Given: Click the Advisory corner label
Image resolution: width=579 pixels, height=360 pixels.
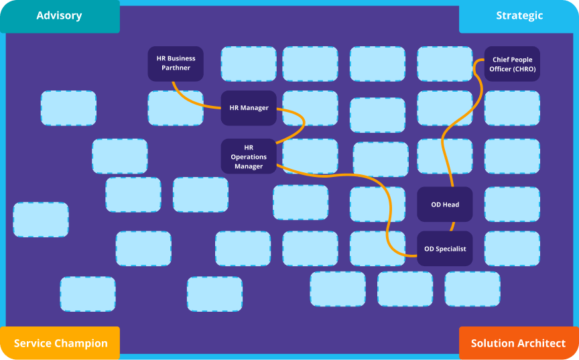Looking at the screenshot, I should [59, 15].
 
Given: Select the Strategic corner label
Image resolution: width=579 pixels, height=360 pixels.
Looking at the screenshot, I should [519, 15].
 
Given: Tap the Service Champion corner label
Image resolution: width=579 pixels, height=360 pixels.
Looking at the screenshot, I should [60, 343].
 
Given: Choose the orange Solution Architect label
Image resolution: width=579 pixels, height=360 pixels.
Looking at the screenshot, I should [518, 343].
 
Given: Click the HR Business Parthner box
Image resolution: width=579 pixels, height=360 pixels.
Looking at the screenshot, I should [176, 64].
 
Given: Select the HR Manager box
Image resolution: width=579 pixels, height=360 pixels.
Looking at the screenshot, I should [249, 108].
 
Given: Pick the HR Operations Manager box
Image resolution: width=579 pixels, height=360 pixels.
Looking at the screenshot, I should [249, 156].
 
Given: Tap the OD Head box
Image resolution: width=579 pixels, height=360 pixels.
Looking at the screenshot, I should [445, 204].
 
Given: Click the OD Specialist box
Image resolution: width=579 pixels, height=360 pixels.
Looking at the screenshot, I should [445, 249].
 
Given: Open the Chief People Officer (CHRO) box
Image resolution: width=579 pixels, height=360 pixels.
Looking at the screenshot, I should [513, 64].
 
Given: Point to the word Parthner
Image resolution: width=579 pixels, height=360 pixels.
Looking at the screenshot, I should [176, 68].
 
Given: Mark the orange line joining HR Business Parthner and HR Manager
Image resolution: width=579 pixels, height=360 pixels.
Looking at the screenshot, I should [194, 99].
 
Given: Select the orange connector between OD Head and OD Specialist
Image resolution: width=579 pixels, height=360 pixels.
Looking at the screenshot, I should [452, 227].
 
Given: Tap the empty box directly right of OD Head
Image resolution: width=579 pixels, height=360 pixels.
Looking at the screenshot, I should [512, 204].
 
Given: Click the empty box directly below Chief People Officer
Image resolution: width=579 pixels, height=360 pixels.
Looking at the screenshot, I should [512, 108].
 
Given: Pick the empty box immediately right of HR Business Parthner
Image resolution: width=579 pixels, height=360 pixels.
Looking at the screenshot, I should [249, 64].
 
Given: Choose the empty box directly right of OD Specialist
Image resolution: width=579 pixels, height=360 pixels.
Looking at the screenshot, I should [512, 249].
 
